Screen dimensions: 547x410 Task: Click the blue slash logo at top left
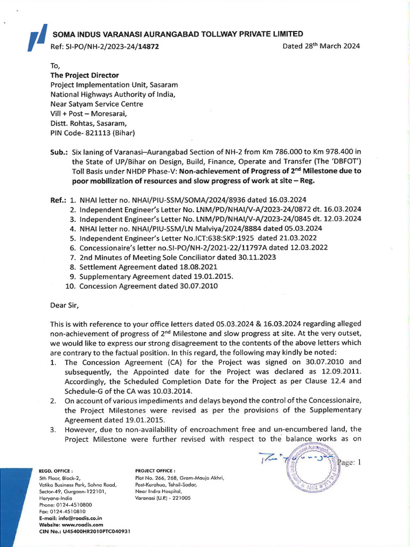click(x=36, y=41)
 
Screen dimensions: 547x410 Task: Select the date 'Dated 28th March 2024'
click(x=321, y=46)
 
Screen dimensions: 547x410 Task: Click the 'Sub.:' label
click(x=59, y=152)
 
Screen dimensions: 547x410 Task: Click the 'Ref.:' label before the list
click(x=58, y=200)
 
